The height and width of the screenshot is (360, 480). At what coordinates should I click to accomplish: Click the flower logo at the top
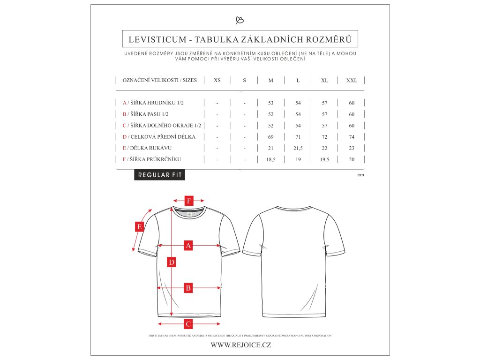tap(240, 20)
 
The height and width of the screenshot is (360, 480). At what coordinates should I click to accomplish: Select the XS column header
tap(217, 81)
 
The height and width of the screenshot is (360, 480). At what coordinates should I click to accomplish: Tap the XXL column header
tap(352, 81)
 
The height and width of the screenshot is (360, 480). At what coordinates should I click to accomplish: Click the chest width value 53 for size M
tap(271, 103)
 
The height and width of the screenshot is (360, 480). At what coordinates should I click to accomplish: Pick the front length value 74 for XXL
tap(352, 137)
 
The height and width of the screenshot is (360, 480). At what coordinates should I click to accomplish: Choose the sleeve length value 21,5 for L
tap(298, 148)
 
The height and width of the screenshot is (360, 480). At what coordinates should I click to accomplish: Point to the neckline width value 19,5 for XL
tap(324, 159)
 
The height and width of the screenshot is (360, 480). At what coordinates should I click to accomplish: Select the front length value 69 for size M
tap(271, 137)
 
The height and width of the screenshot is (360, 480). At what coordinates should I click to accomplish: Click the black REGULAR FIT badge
tap(159, 175)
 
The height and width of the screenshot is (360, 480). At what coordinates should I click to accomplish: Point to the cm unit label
tap(360, 175)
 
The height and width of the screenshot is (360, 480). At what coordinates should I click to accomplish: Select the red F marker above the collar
tap(188, 201)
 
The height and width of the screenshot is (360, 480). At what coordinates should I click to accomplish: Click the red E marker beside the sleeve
tap(139, 227)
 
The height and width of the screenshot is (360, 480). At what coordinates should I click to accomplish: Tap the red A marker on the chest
tap(188, 245)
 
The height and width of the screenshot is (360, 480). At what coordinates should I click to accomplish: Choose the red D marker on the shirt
tap(172, 262)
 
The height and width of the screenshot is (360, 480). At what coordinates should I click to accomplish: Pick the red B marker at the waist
tap(188, 288)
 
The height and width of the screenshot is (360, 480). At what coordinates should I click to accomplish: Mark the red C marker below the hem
tap(188, 323)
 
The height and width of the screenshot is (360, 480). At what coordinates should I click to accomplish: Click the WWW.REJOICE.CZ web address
tap(240, 345)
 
